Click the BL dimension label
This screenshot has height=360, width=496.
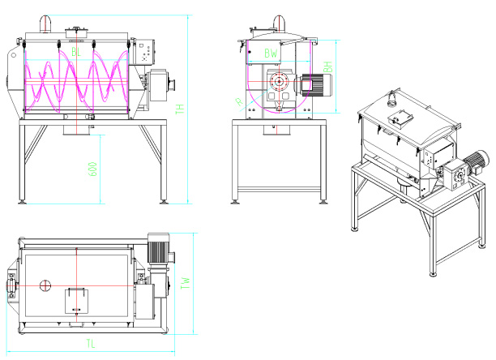click(76, 52)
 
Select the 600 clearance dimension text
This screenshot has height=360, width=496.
click(93, 169)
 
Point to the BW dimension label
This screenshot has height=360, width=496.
click(272, 54)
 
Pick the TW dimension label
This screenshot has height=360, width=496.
click(186, 283)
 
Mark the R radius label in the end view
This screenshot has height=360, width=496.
click(238, 101)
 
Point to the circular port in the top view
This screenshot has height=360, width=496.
click(45, 285)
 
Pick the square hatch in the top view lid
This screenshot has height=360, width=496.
click(76, 299)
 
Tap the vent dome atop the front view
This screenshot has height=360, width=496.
click(45, 25)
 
